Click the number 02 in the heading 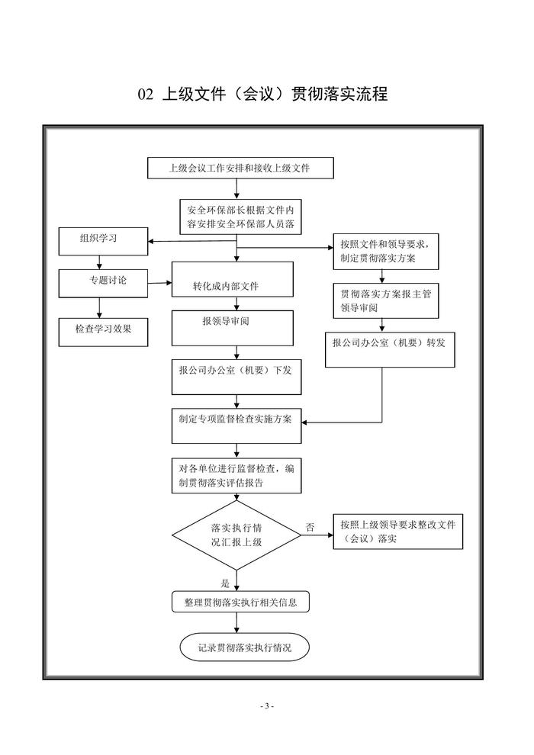pos(146,95)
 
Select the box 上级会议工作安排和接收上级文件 pos(240,168)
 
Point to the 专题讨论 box pos(104,282)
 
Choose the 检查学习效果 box pos(104,329)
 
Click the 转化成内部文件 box pos(232,284)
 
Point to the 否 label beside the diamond pos(310,528)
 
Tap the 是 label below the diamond pos(224,583)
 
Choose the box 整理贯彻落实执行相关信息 pos(241,602)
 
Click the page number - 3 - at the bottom pos(266,706)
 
